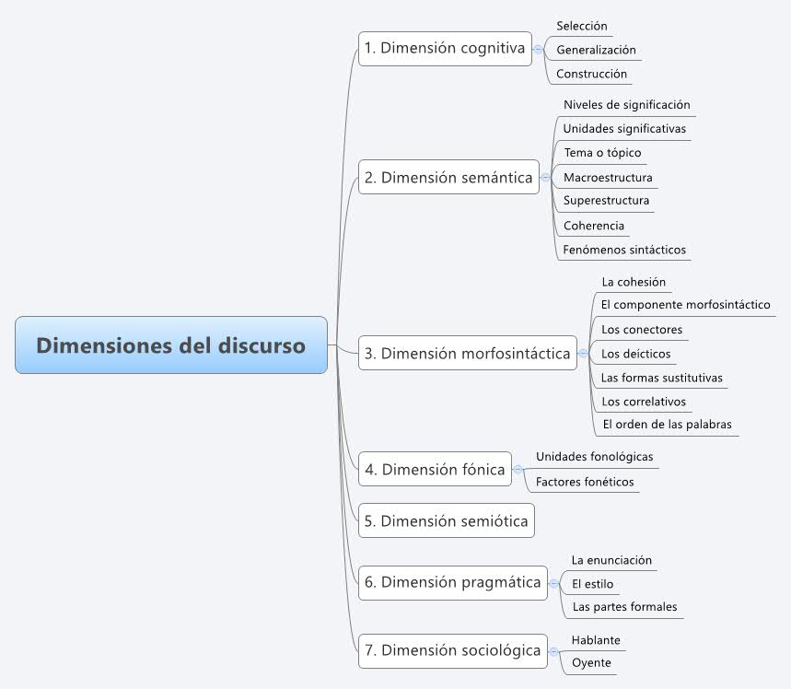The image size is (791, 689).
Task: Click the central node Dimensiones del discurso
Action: [171, 345]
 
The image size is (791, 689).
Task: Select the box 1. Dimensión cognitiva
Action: [445, 49]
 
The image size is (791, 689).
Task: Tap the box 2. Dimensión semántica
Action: [448, 177]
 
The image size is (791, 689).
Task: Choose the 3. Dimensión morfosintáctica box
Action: [467, 353]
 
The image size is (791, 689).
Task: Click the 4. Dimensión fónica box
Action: [435, 469]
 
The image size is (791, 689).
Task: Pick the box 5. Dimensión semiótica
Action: [446, 520]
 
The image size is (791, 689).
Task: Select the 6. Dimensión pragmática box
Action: [452, 582]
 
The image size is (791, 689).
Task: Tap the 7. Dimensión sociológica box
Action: [452, 650]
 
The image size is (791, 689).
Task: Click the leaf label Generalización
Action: [596, 50]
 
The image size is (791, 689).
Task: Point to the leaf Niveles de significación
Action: [626, 105]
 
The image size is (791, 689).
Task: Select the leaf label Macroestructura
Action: [608, 178]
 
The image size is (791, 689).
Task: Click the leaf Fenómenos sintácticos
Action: [624, 250]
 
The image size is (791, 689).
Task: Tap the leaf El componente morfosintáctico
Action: [686, 305]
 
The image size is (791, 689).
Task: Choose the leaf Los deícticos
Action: [635, 354]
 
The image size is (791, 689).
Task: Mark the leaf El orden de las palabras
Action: [667, 425]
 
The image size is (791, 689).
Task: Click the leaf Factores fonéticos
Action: [585, 482]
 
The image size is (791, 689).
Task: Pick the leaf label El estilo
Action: [592, 584]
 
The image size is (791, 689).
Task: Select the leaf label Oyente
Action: [591, 663]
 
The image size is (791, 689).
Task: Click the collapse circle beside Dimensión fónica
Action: [518, 470]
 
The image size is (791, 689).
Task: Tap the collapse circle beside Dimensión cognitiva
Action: [539, 49]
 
